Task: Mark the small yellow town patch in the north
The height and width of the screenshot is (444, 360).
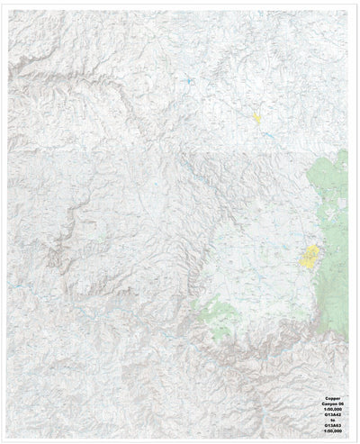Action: pyautogui.click(x=256, y=118)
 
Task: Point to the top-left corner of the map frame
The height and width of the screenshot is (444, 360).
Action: pyautogui.click(x=8, y=9)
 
